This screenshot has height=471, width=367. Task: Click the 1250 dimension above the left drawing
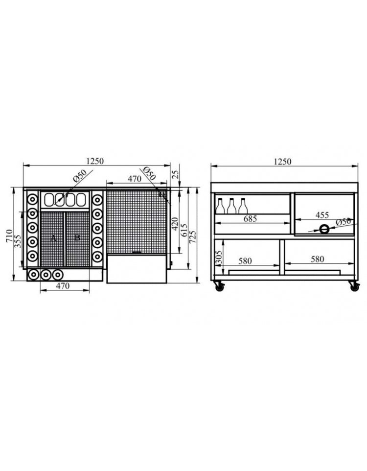point(96,161)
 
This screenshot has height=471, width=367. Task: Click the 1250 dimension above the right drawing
point(282,162)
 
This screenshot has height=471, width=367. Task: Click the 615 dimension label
point(184,231)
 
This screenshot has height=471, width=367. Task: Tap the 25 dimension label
point(175,174)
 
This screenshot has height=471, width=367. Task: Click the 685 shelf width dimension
point(250,219)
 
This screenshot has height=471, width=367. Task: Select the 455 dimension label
point(322,215)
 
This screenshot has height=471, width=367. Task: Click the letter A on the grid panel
point(54,237)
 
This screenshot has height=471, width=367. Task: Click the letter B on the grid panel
point(77,237)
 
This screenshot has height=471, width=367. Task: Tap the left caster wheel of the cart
point(218,287)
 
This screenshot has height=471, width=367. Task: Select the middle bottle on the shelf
point(231,206)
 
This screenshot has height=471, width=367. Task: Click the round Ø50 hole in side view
point(324,229)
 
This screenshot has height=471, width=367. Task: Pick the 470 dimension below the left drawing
point(63,285)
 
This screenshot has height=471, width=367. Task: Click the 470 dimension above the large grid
point(135,179)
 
